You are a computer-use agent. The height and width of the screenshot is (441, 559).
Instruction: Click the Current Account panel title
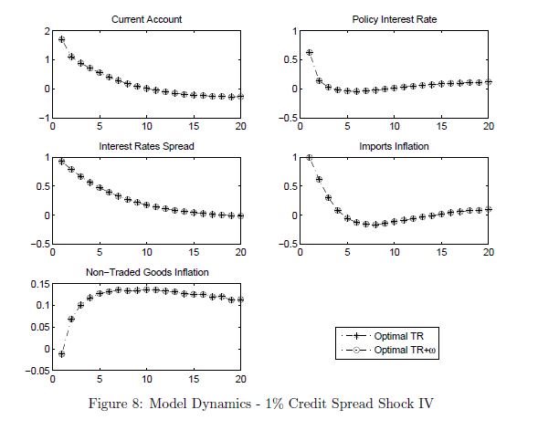pyautogui.click(x=146, y=19)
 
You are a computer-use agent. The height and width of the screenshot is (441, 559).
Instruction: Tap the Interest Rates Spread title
pyautogui.click(x=146, y=145)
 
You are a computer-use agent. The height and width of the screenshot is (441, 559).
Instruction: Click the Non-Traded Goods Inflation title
pyautogui.click(x=146, y=271)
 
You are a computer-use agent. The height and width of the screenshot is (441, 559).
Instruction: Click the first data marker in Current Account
pyautogui.click(x=61, y=39)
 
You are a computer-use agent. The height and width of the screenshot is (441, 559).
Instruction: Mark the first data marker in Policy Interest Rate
pyautogui.click(x=309, y=52)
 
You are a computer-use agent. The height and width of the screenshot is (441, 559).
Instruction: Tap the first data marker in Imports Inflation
pyautogui.click(x=309, y=157)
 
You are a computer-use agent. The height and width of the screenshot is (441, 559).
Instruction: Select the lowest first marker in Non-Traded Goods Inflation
pyautogui.click(x=61, y=353)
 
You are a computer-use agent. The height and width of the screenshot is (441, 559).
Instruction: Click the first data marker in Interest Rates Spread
pyautogui.click(x=61, y=162)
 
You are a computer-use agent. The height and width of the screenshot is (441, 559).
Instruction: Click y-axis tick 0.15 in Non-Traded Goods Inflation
pyautogui.click(x=39, y=284)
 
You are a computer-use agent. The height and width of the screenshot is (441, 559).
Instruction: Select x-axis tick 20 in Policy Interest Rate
pyautogui.click(x=490, y=126)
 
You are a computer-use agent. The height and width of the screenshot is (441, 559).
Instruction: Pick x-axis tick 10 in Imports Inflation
pyautogui.click(x=394, y=253)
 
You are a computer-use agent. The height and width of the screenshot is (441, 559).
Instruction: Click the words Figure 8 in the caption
pyautogui.click(x=135, y=403)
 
